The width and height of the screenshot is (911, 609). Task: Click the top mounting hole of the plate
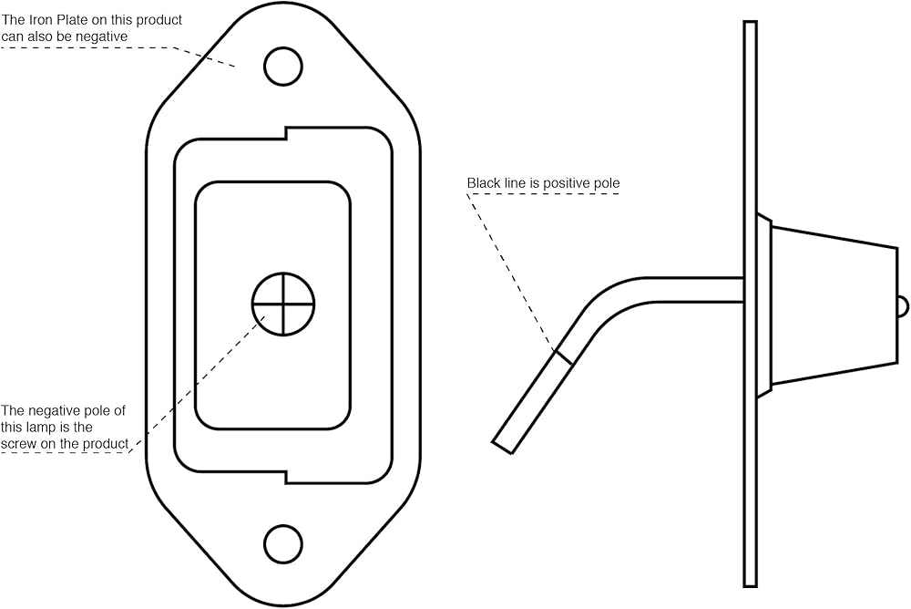click(x=283, y=66)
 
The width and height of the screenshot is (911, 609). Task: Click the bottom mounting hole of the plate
click(x=283, y=543)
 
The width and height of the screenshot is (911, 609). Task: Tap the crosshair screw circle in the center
click(x=283, y=304)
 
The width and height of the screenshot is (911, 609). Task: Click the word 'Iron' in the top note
click(x=41, y=20)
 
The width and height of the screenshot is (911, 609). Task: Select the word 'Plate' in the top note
click(x=75, y=20)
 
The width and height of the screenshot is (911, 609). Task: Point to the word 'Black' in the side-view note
click(x=484, y=183)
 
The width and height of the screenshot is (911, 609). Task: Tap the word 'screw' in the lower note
click(x=19, y=444)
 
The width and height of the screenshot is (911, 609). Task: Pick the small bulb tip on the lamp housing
click(x=902, y=306)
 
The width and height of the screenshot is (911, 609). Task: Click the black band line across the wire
click(x=564, y=356)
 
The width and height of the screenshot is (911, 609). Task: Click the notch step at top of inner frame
click(x=287, y=133)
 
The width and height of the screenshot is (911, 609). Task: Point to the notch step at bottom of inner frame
click(x=287, y=477)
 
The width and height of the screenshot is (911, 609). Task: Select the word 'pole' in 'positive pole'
click(x=607, y=183)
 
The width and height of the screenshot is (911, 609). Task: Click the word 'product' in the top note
click(x=161, y=20)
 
